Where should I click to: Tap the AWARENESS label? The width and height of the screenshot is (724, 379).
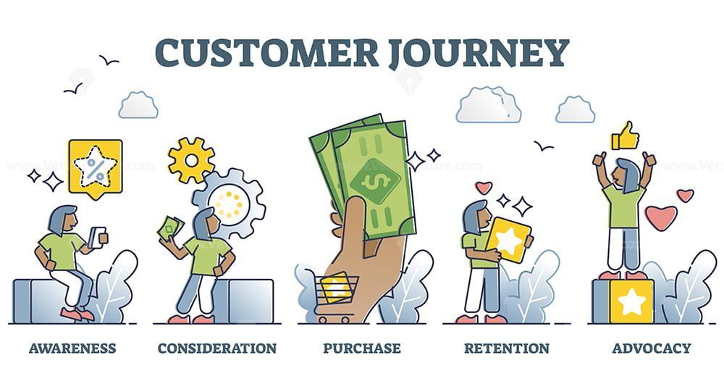72,349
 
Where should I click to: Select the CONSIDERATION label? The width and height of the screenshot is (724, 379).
217,349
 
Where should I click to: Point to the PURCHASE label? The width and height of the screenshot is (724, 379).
362,349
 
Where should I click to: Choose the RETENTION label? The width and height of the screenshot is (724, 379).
507,349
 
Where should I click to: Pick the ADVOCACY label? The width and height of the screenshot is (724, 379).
652,349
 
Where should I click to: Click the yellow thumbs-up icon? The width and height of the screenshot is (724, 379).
624,136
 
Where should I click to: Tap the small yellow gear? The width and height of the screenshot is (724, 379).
191,159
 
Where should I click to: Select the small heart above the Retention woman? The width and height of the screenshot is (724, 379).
483,188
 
